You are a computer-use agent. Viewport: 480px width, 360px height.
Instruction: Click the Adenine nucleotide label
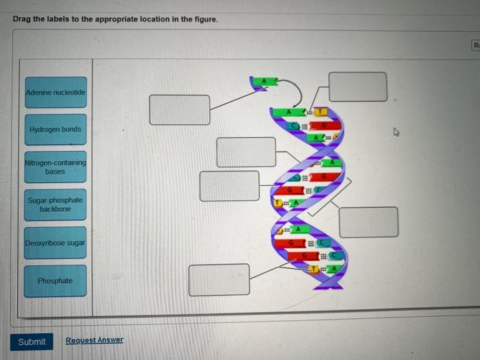coord(56,92)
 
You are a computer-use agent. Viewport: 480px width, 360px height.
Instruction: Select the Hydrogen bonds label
coord(56,130)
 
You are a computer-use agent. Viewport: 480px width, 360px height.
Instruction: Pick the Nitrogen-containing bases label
coord(56,167)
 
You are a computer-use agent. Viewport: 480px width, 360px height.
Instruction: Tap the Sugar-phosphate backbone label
coord(56,204)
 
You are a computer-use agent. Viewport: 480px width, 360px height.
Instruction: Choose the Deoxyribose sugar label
coord(56,243)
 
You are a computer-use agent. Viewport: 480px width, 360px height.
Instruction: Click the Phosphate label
coord(56,280)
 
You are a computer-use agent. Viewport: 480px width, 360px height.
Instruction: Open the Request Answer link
coord(95,340)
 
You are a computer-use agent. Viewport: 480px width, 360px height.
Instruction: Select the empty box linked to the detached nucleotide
coord(180,110)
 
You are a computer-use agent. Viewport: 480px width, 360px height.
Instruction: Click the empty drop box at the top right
coord(357,86)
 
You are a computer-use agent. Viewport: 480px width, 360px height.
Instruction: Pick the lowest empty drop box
coord(219,280)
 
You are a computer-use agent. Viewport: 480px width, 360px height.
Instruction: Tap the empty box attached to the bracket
coord(368,221)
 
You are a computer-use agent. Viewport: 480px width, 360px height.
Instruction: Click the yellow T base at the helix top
coord(322,110)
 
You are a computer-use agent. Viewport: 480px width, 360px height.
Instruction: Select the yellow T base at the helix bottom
coord(313,269)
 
